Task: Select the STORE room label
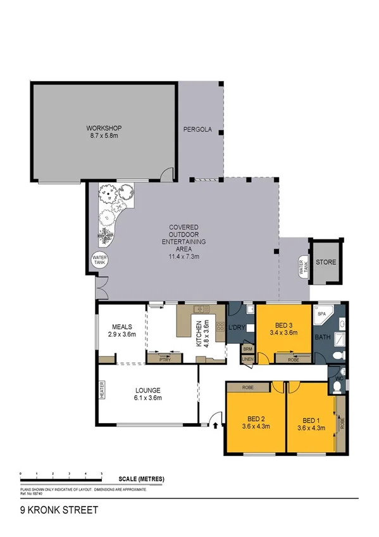(326, 262)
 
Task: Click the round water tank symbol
(99, 260)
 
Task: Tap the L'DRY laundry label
(237, 327)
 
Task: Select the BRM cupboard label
(247, 349)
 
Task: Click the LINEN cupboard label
(247, 360)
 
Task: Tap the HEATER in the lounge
(101, 392)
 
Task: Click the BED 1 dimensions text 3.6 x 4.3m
(312, 428)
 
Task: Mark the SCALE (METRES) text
(140, 479)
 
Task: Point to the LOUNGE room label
(147, 390)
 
